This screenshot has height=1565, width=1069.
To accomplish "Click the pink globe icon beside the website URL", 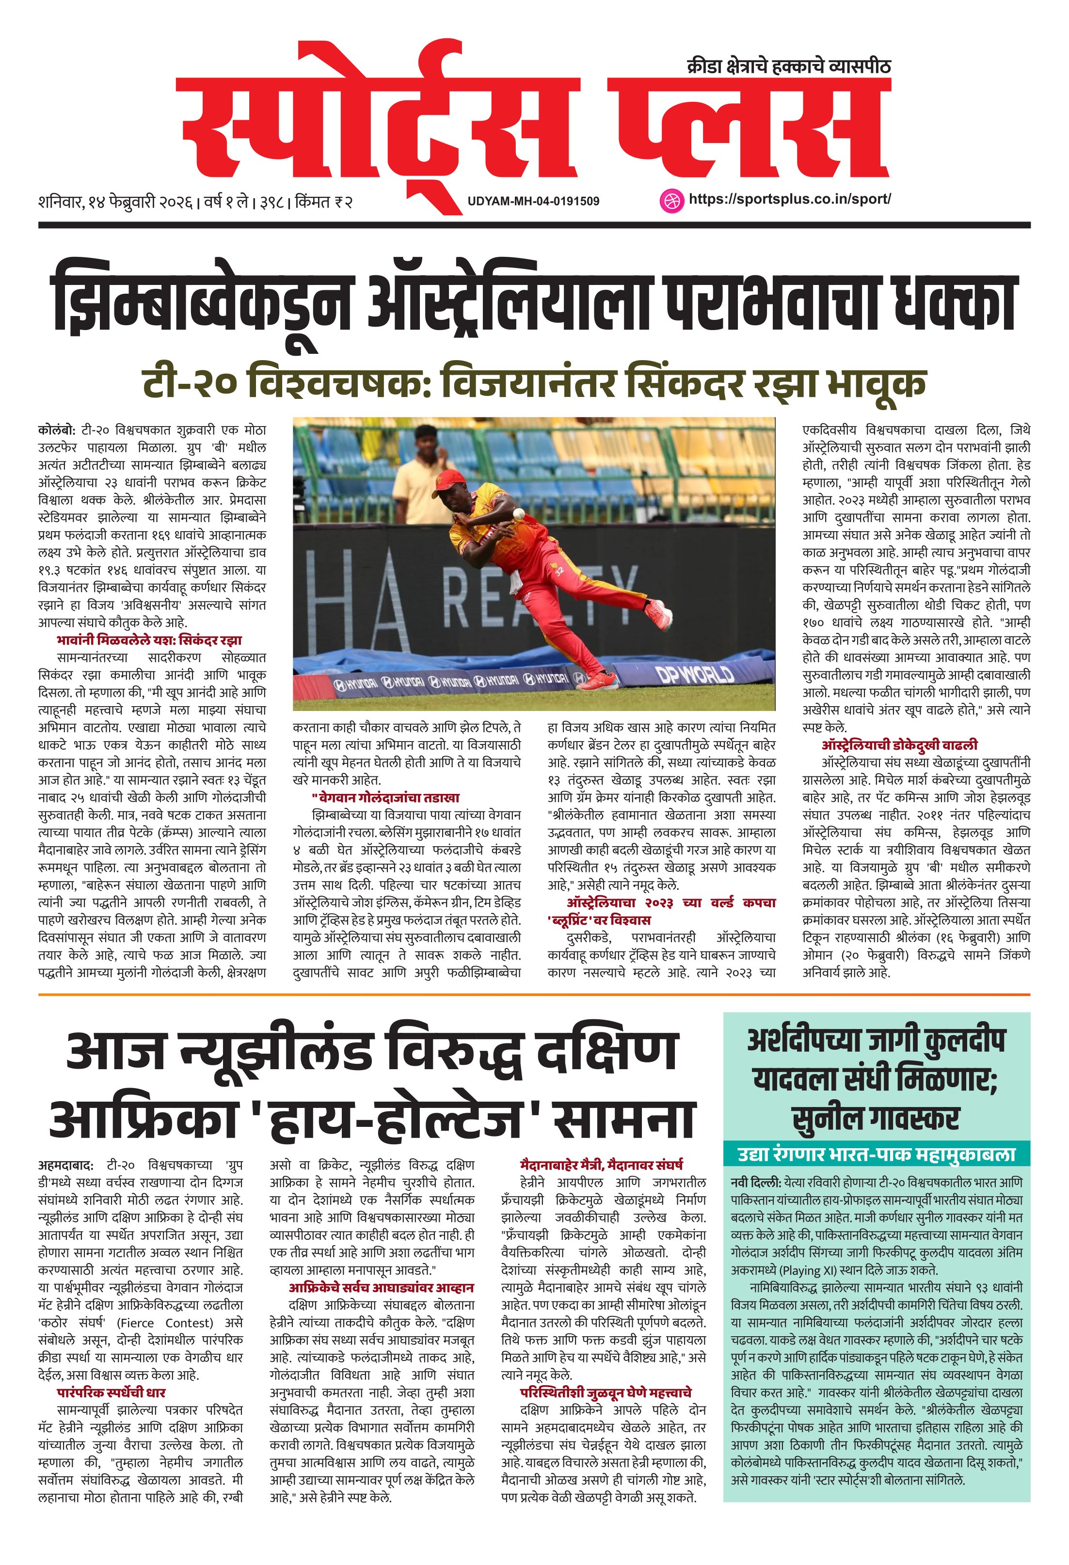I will coord(670,200).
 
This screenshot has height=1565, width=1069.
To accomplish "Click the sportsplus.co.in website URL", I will coord(789,199).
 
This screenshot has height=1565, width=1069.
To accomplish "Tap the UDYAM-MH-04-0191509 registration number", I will coord(533,201).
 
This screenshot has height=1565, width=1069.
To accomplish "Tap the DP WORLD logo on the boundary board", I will coord(695,673).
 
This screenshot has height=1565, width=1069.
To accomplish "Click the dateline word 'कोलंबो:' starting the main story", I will coord(57,429).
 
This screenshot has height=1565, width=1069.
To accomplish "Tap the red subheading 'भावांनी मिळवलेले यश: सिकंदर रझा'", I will coord(149,640).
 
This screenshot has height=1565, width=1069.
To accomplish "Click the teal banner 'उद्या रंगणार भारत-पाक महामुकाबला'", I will coord(877,1154).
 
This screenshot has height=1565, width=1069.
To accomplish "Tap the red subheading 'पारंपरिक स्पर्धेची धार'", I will coord(111,1374).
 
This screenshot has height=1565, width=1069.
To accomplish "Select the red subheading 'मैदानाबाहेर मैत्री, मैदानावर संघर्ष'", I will coord(602,1164).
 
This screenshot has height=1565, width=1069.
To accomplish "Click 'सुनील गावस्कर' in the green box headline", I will coord(876,1118).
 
